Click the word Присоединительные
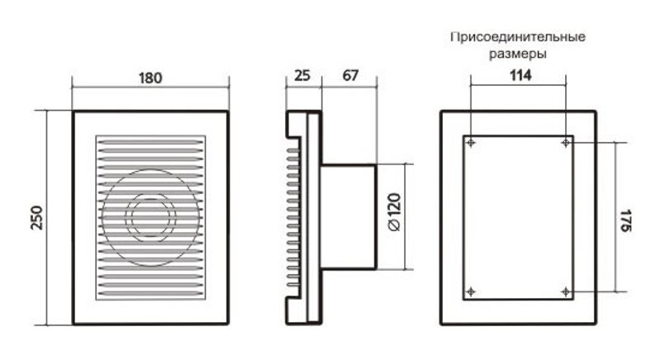(x=517, y=38)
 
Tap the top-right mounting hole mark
(x=566, y=143)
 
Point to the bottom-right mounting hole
(x=566, y=291)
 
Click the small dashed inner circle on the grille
(x=150, y=218)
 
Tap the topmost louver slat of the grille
(x=150, y=140)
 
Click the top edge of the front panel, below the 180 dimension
(x=150, y=112)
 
